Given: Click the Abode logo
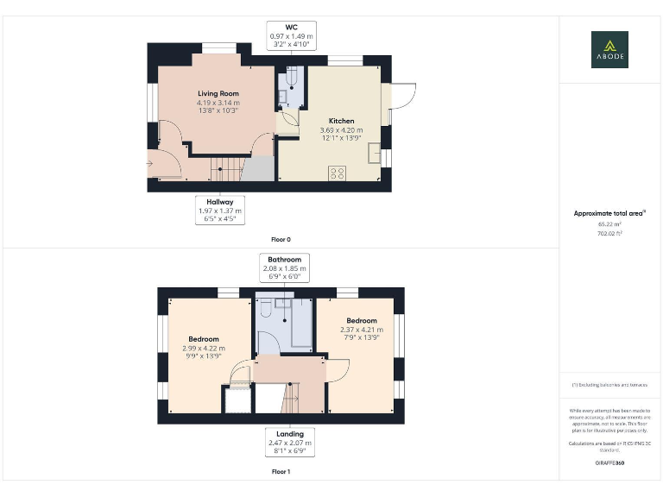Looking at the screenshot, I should point(609,49).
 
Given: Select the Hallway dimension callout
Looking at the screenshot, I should point(218,211).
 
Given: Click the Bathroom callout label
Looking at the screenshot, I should point(284,269).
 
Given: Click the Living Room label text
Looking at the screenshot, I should point(218,93).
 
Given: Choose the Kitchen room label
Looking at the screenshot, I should point(341,121).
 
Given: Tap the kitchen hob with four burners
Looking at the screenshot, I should point(337,173).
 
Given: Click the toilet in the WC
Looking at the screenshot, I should point(291,79).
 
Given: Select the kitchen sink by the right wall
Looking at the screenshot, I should point(374,154).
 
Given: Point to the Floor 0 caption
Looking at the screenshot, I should point(281,238).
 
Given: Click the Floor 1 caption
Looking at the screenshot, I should point(281,472).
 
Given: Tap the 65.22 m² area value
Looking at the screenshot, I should point(609,223).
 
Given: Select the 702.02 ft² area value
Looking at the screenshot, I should point(609,233).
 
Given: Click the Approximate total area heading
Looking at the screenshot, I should point(609,213).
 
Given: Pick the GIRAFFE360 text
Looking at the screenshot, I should point(609,463).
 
